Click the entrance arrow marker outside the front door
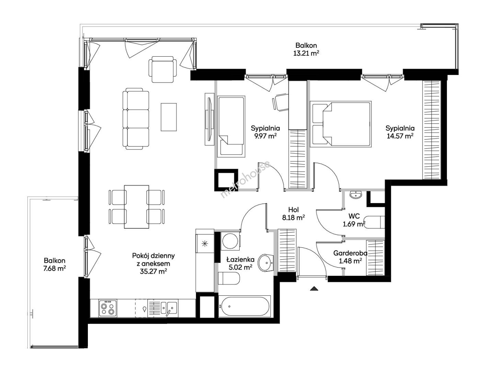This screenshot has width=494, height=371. pyautogui.click(x=314, y=289)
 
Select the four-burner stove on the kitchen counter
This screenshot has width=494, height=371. pyautogui.click(x=108, y=308)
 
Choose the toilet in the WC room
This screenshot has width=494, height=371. pyautogui.click(x=374, y=222)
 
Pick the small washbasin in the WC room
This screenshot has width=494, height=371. pyautogui.click(x=356, y=195)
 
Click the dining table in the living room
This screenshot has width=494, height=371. pyautogui.click(x=137, y=207)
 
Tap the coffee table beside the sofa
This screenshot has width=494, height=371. pyautogui.click(x=169, y=117)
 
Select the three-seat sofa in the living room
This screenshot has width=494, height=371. pyautogui.click(x=136, y=119)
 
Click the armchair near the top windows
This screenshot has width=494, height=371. pyautogui.click(x=162, y=69)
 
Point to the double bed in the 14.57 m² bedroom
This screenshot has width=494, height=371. pyautogui.click(x=341, y=124)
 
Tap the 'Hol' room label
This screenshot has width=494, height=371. pyautogui.click(x=294, y=210)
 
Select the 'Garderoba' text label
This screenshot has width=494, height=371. pyautogui.click(x=350, y=253)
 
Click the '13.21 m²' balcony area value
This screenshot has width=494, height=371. pyautogui.click(x=306, y=53)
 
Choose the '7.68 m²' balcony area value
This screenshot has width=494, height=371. pyautogui.click(x=55, y=268)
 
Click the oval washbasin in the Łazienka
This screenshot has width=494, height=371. pyautogui.click(x=266, y=263)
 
